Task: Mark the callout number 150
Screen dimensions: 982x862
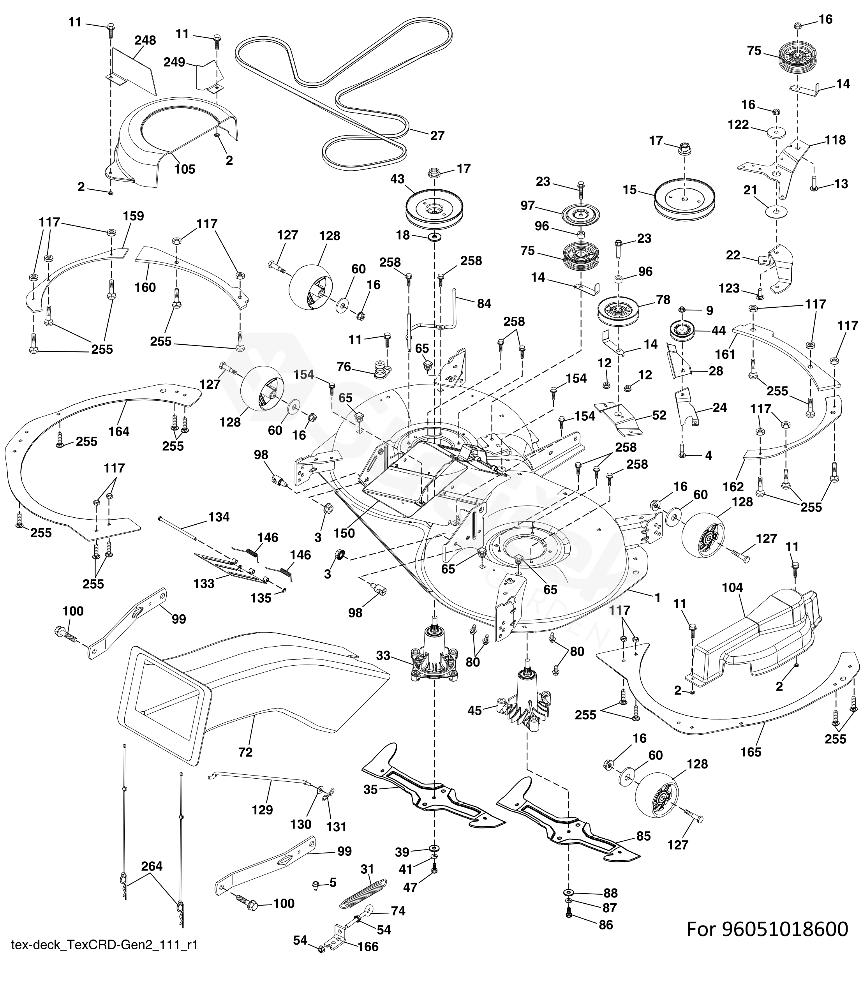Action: click(344, 533)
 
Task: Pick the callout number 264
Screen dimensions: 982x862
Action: click(152, 866)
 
